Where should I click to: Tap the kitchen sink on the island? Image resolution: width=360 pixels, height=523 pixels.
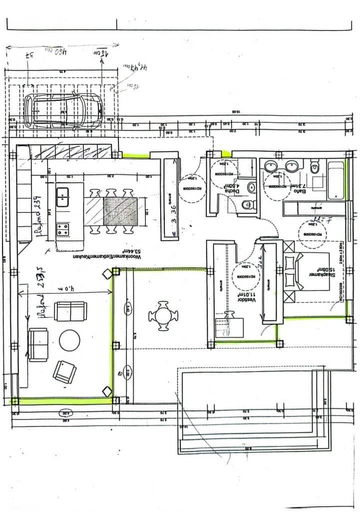pos(62,197)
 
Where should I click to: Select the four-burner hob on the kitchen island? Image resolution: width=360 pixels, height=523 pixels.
pos(63,229)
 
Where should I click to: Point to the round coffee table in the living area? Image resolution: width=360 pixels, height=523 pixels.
pos(69,341)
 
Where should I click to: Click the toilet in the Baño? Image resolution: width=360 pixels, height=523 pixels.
pos(315,167)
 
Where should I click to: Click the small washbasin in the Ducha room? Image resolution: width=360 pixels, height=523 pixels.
pos(252,187)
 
